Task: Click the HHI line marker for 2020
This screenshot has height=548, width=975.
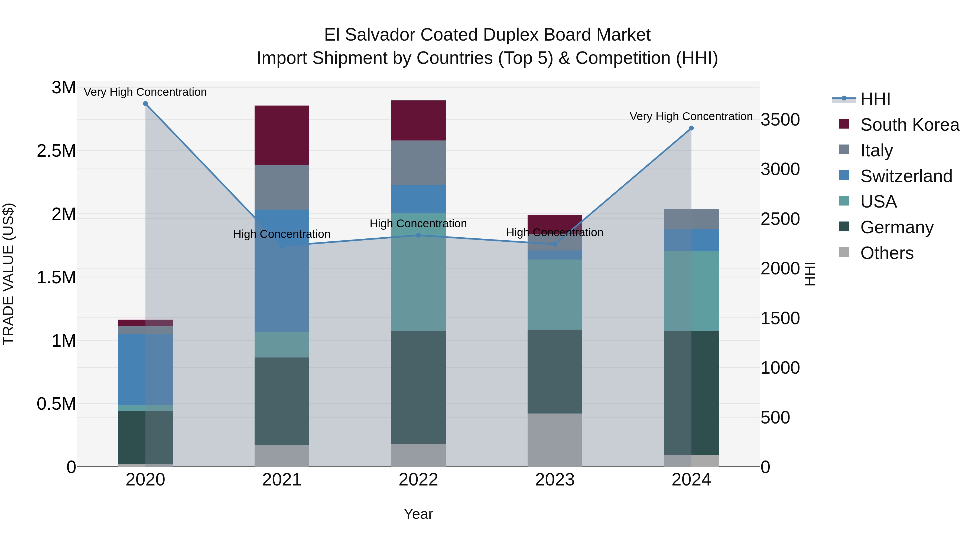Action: coord(145,104)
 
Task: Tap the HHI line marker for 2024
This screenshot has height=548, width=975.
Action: coord(691,128)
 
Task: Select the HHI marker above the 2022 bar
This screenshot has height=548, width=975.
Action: coord(418,235)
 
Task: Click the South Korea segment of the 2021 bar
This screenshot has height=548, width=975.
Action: coord(282,135)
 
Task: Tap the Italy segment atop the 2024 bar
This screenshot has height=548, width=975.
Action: coord(691,219)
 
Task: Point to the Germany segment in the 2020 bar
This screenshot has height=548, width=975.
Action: coord(145,437)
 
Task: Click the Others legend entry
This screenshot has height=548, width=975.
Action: coord(886,253)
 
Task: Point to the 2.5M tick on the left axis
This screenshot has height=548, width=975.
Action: coord(56,151)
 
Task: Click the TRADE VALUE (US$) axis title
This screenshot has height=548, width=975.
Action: coord(9,274)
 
